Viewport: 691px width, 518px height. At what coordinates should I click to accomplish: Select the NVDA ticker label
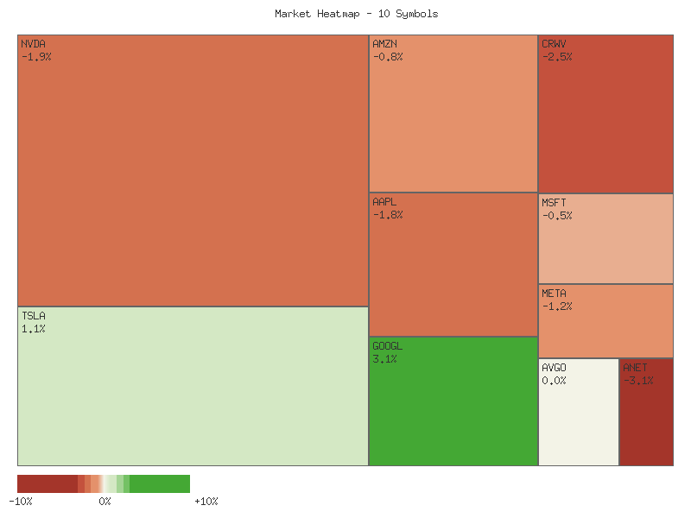pos(33,43)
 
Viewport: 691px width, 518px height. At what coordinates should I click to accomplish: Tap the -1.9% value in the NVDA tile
pos(36,57)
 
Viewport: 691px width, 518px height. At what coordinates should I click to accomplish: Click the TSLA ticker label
pos(33,315)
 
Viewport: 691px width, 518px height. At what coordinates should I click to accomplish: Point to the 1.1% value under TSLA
pos(33,329)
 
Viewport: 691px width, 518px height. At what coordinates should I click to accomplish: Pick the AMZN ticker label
pos(385,43)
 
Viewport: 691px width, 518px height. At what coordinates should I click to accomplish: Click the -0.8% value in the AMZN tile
pos(388,57)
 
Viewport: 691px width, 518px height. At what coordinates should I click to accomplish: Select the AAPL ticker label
pos(385,201)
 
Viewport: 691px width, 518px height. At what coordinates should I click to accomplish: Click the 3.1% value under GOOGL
pos(384,359)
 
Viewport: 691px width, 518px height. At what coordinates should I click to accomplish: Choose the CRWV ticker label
pos(555,43)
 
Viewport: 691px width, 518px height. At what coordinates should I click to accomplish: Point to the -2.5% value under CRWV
pos(557,57)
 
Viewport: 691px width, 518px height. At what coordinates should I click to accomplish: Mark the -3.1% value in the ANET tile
pos(638,381)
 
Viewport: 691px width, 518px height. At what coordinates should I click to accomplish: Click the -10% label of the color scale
pos(21,501)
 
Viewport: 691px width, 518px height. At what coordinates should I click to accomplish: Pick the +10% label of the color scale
pos(206,501)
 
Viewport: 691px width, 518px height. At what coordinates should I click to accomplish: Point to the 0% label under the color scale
pos(105,501)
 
